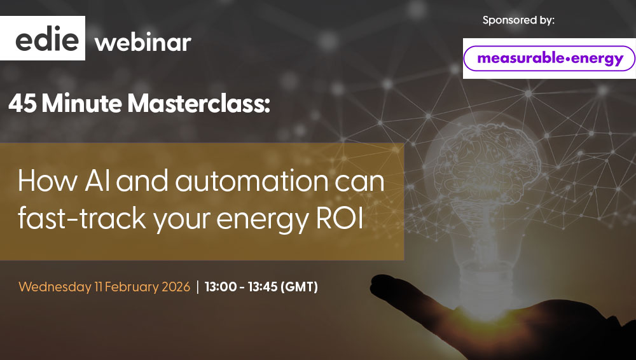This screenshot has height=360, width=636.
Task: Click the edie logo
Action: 43,38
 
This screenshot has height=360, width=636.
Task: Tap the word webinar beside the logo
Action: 142,43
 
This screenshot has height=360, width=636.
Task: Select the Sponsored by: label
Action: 518,20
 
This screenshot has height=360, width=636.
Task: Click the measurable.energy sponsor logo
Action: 550,59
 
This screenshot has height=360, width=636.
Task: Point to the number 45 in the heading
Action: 23,104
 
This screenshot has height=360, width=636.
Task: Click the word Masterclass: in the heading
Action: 198,104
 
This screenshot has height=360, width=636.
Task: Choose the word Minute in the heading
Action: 82,104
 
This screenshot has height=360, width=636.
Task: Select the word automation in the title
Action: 251,181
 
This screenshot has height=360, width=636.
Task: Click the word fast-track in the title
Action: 81,218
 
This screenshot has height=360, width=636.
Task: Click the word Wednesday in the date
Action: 55,287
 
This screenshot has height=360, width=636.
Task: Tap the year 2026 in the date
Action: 176,287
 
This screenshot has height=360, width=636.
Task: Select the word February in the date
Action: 132,287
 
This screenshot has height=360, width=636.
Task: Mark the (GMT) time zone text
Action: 300,287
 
